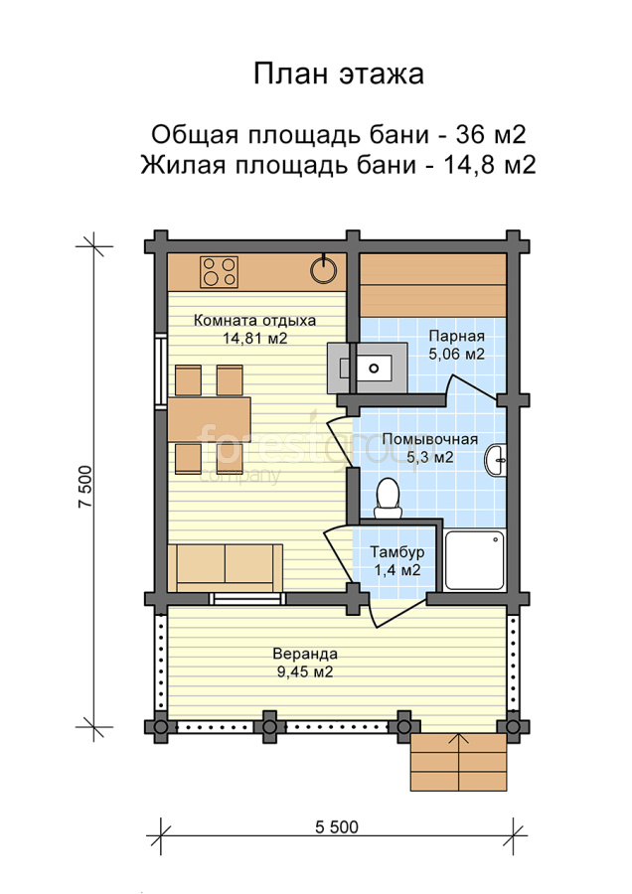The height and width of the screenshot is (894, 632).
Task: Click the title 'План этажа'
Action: [x=338, y=74]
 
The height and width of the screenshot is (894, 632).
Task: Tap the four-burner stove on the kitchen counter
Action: [x=219, y=272]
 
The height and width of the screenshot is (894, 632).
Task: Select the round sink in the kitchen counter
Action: [x=323, y=269]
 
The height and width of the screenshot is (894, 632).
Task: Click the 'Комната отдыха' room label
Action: [x=254, y=321]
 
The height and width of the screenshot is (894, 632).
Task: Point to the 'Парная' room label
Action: [x=457, y=336]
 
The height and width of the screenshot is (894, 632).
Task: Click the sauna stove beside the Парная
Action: [x=368, y=368]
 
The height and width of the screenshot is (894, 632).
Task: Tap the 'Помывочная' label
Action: [x=429, y=439]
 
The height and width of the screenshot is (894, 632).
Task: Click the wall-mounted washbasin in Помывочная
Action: [x=496, y=460]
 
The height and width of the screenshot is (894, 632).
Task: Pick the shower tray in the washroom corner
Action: [x=475, y=560]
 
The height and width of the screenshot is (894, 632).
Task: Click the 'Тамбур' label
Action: [x=397, y=552]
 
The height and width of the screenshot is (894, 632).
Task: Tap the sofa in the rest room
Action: [x=226, y=568]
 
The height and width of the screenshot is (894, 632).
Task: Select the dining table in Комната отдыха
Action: [x=210, y=419]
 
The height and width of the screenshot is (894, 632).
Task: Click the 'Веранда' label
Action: [x=305, y=654]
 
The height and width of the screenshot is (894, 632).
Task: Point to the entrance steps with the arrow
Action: [x=459, y=762]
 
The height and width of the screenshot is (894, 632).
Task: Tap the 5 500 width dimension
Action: [x=337, y=826]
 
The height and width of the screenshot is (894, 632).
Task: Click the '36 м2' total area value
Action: [x=491, y=134]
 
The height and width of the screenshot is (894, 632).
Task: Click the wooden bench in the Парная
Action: [x=434, y=286]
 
